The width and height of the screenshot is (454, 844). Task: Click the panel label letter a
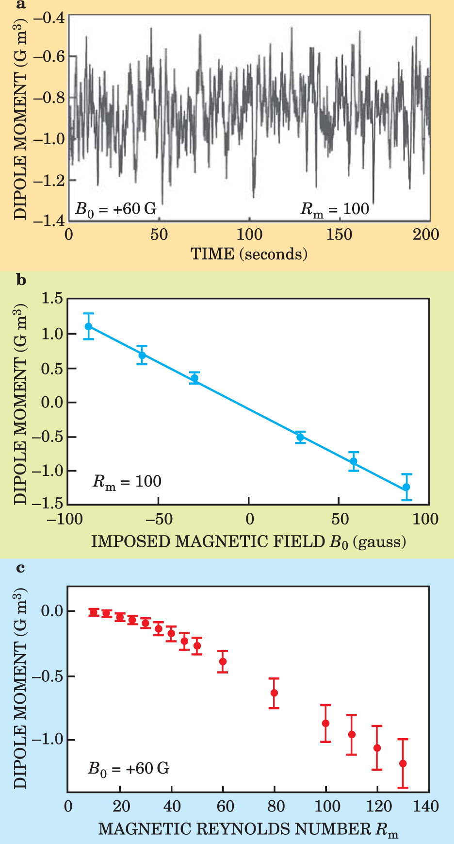tap(20, 5)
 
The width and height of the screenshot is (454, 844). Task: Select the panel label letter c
tap(20, 567)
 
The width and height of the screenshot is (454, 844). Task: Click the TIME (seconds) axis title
tap(249, 253)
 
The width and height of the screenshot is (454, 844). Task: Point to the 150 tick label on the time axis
tap(339, 235)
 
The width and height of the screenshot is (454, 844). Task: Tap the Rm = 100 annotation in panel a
tap(335, 209)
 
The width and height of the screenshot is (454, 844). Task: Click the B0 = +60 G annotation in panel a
tap(116, 209)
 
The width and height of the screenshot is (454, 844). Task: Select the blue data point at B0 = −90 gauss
tap(88, 326)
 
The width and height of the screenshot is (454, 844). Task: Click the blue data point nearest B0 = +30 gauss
tap(300, 437)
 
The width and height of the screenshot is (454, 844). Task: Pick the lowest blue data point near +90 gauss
tap(406, 487)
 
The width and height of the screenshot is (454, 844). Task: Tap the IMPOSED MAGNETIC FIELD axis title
tap(248, 541)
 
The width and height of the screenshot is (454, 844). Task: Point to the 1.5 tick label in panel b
tap(52, 299)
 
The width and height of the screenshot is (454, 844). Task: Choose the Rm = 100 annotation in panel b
tap(127, 482)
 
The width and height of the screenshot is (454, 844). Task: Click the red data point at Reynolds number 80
tap(274, 693)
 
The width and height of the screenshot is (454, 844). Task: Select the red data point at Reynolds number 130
tap(403, 763)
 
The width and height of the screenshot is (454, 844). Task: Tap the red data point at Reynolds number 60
tap(223, 661)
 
